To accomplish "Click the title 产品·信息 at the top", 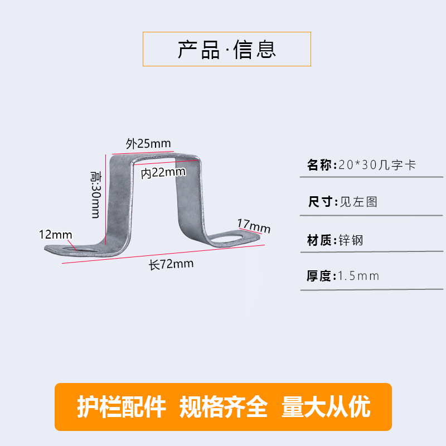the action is click(x=227, y=50).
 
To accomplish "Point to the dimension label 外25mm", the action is click(x=148, y=143).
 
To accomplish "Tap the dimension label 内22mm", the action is click(x=163, y=172).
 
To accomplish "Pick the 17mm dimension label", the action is click(x=254, y=226).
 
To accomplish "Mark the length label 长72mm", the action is click(x=171, y=264).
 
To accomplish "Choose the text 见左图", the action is click(x=358, y=201).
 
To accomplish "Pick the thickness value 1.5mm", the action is click(x=358, y=275).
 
